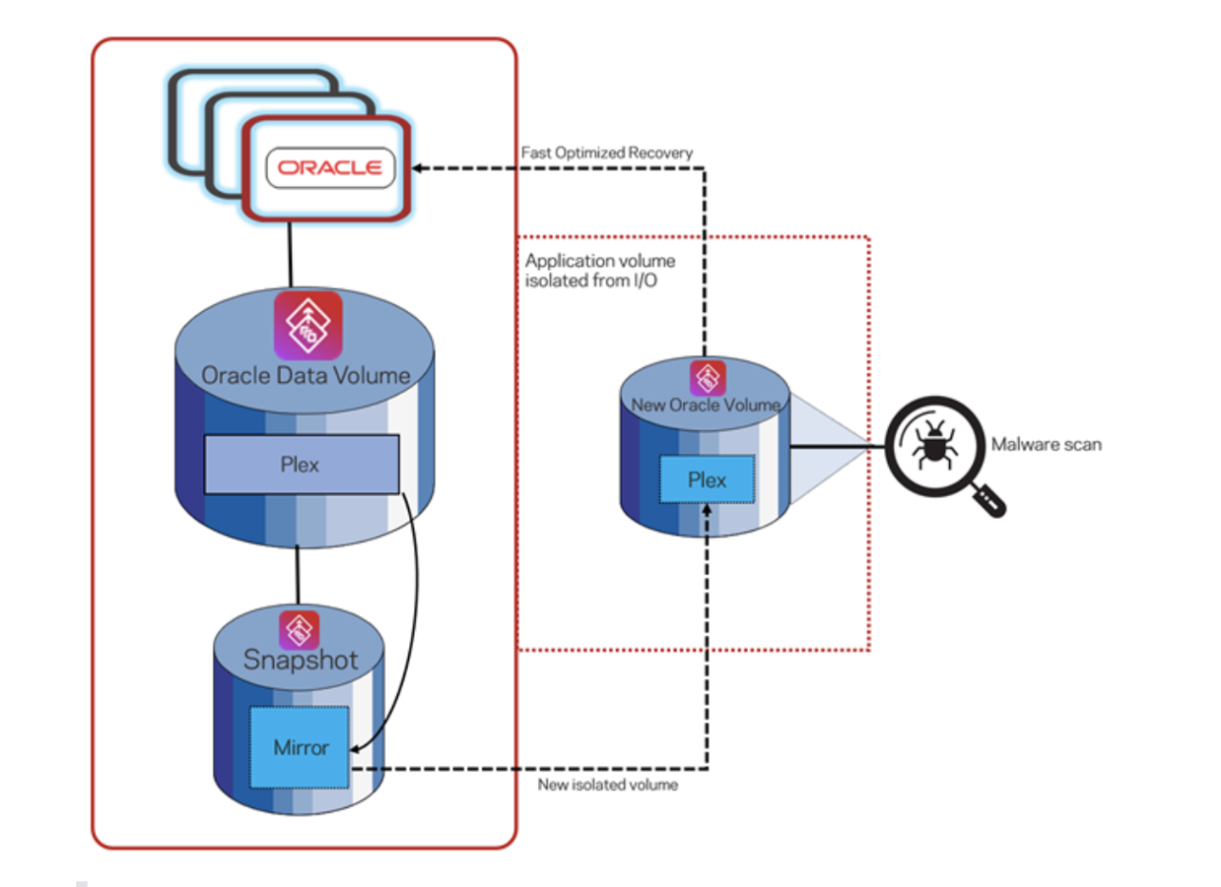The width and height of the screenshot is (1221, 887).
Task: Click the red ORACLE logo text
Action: (330, 168)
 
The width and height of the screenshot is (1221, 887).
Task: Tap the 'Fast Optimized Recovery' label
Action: (607, 153)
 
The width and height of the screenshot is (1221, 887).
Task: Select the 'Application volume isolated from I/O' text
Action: (600, 270)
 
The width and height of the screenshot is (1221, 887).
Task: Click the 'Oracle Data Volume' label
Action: (305, 375)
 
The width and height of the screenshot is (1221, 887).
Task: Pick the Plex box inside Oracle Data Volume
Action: (300, 464)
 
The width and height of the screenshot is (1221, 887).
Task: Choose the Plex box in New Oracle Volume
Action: (707, 479)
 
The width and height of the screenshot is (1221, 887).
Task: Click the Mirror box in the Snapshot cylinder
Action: (300, 747)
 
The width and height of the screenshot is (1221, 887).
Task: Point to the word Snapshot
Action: (300, 659)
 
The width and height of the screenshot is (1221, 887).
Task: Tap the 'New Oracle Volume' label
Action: (706, 405)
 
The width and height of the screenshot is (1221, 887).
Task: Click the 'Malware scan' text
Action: (1046, 443)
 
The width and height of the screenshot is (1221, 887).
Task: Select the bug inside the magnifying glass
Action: (930, 443)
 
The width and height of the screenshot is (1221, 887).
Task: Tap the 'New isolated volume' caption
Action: (608, 785)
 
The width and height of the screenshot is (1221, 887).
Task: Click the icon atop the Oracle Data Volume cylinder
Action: (307, 325)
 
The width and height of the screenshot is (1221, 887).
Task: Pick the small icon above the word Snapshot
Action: (300, 629)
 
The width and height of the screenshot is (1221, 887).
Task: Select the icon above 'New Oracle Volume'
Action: (708, 378)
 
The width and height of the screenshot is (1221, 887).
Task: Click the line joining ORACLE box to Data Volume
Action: (290, 256)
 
